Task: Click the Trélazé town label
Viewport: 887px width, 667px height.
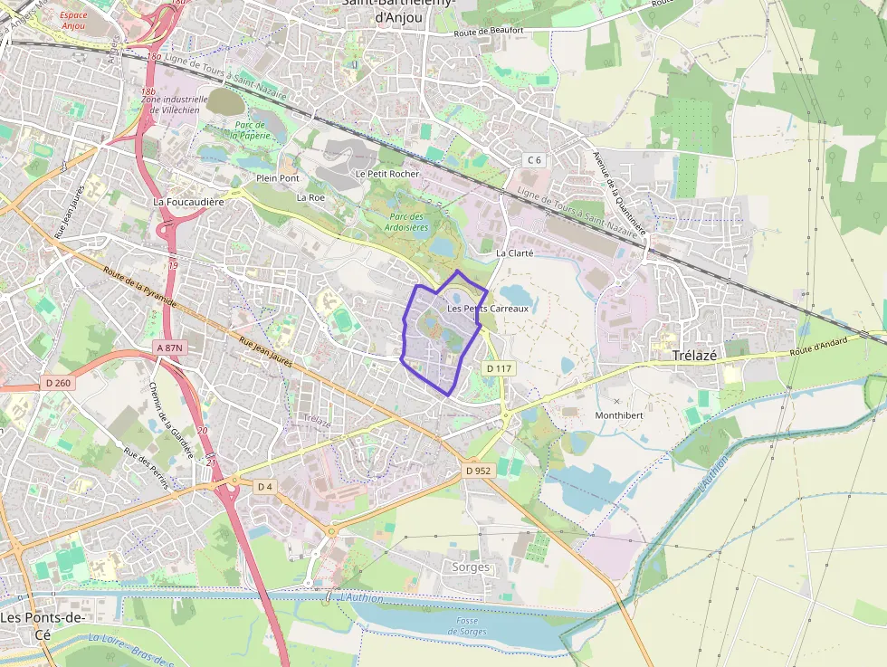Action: [694, 356]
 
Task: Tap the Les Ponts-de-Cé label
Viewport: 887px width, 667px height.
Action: [43, 625]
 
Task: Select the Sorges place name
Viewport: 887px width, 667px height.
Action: [470, 567]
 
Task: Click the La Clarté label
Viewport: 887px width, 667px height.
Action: [514, 253]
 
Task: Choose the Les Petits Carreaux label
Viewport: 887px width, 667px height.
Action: [487, 310]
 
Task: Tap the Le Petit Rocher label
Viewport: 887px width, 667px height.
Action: [386, 173]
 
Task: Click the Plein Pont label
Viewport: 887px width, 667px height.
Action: [278, 178]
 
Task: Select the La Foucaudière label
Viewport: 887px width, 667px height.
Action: [188, 202]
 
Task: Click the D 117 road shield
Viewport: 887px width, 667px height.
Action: [500, 368]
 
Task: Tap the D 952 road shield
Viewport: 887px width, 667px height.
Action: [477, 471]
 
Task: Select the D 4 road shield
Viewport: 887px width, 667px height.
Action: [264, 487]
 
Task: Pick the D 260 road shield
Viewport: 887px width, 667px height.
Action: [57, 384]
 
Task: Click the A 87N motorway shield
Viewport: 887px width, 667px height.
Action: [169, 348]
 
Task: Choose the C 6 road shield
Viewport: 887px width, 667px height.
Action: [535, 160]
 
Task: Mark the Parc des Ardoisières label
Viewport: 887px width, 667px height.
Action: [407, 222]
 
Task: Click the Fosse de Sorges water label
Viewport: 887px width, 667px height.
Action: [467, 625]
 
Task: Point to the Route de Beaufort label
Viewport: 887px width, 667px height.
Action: [489, 31]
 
